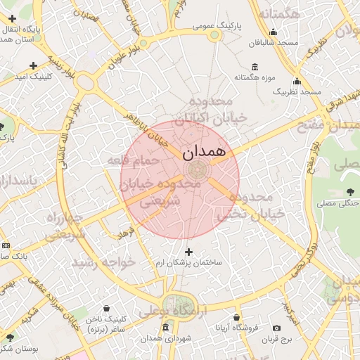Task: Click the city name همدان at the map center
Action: point(204,151)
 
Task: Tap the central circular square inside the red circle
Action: point(196,169)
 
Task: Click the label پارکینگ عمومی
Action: point(217,25)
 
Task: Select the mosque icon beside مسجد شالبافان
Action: point(273,32)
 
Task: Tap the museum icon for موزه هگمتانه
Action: point(254,67)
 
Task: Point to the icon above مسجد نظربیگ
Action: point(297,82)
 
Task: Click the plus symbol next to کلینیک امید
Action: point(33,65)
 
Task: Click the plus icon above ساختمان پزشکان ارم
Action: point(188,251)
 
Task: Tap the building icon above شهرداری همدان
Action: point(165,328)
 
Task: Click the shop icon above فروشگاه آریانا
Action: point(236,318)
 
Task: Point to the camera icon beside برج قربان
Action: point(276,328)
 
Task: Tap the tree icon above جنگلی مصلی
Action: point(350,193)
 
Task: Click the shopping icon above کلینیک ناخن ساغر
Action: point(106,309)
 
